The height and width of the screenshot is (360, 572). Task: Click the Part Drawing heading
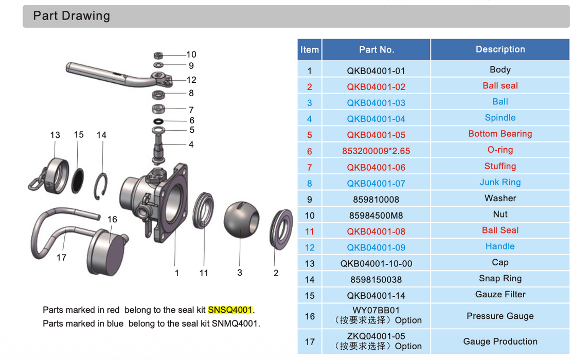pyautogui.click(x=71, y=15)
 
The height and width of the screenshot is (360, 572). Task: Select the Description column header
pyautogui.click(x=500, y=49)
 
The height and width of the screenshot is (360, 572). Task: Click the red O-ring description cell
pyautogui.click(x=500, y=150)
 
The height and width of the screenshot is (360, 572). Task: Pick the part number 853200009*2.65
pyautogui.click(x=376, y=151)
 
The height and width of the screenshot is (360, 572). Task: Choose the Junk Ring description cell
pyautogui.click(x=500, y=182)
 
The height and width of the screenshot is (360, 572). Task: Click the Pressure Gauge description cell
pyautogui.click(x=500, y=316)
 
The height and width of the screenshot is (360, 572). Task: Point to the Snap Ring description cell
pyautogui.click(x=500, y=278)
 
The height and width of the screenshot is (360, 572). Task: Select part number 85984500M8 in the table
pyautogui.click(x=376, y=215)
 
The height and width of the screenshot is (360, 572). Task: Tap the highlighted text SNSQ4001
pyautogui.click(x=230, y=310)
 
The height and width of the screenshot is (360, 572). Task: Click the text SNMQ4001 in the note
pyautogui.click(x=235, y=323)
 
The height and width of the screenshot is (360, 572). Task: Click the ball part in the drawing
pyautogui.click(x=241, y=220)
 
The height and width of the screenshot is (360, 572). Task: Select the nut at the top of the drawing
pyautogui.click(x=158, y=56)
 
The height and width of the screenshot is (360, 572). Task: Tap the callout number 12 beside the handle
pyautogui.click(x=191, y=80)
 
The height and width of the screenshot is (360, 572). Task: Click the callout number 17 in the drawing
pyautogui.click(x=61, y=258)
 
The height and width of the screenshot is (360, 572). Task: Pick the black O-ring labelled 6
pyautogui.click(x=158, y=121)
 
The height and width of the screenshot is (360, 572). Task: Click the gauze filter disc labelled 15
pyautogui.click(x=77, y=180)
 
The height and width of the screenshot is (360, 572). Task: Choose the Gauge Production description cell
pyautogui.click(x=500, y=341)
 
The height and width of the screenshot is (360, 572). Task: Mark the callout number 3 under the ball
pyautogui.click(x=240, y=273)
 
